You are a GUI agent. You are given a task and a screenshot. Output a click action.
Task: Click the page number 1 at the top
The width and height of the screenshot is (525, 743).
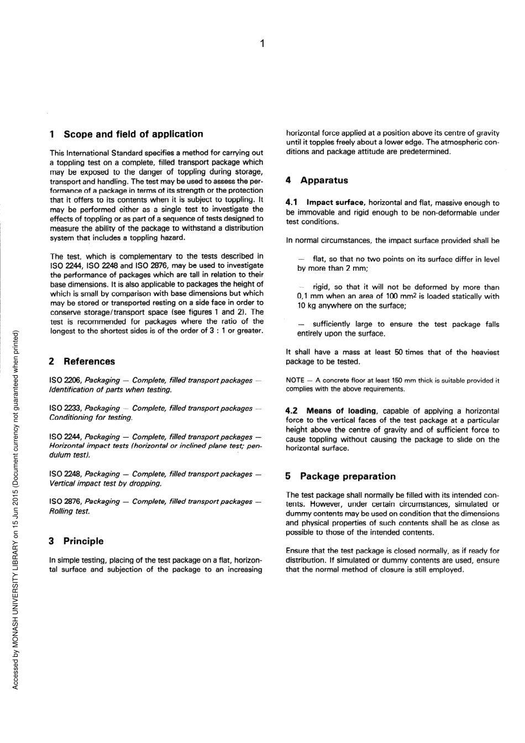pos(262,43)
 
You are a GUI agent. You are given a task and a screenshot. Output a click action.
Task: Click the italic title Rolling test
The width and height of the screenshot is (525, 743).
pos(70,512)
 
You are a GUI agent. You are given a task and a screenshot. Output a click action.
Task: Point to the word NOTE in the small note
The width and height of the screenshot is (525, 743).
pos(295,381)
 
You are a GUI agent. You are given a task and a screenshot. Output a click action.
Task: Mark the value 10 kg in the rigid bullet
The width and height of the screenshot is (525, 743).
pos(307,306)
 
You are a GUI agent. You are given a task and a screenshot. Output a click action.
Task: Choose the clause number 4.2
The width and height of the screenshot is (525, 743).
pos(291,411)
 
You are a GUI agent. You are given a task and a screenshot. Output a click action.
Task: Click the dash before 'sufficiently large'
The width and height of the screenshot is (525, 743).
pos(301,324)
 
